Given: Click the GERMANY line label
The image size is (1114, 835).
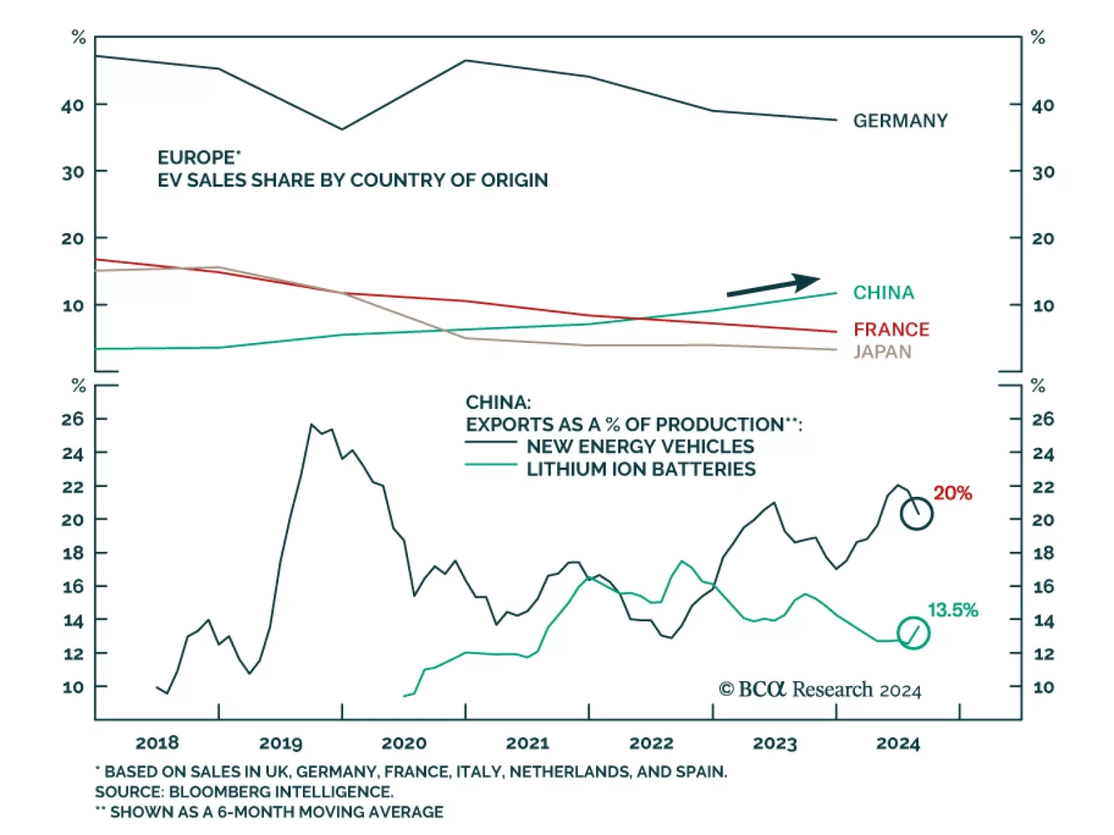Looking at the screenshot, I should (x=900, y=121).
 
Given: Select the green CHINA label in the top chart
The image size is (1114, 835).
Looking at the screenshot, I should (x=884, y=293).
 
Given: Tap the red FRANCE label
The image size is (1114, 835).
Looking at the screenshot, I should (x=891, y=329).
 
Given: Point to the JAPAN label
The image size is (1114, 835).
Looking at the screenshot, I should (x=882, y=351).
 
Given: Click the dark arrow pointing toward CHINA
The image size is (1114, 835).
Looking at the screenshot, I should (x=773, y=286).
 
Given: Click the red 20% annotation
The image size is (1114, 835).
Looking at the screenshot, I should (x=952, y=493).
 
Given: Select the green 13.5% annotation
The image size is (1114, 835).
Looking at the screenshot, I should (x=952, y=610).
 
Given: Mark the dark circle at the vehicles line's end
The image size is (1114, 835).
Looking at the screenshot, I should (x=916, y=514).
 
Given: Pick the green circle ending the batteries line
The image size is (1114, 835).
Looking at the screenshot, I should (x=913, y=633).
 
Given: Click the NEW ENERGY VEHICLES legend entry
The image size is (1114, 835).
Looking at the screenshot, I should (x=640, y=446).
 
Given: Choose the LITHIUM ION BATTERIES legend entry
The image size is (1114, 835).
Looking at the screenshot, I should (x=641, y=469).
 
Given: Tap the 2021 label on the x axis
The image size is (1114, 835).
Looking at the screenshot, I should (x=527, y=743).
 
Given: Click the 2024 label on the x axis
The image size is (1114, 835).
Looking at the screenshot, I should (x=897, y=743).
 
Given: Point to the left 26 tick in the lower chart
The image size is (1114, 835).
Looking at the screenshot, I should (x=72, y=419).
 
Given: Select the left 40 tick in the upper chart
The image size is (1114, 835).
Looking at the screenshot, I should (x=72, y=106).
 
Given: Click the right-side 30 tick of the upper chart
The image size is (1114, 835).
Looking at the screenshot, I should (x=1042, y=172).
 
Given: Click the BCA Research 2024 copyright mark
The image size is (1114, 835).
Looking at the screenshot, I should (x=819, y=690).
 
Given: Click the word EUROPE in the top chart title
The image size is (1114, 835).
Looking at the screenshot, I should (x=196, y=158).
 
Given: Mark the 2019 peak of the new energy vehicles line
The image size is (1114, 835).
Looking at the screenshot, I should (x=311, y=424).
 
